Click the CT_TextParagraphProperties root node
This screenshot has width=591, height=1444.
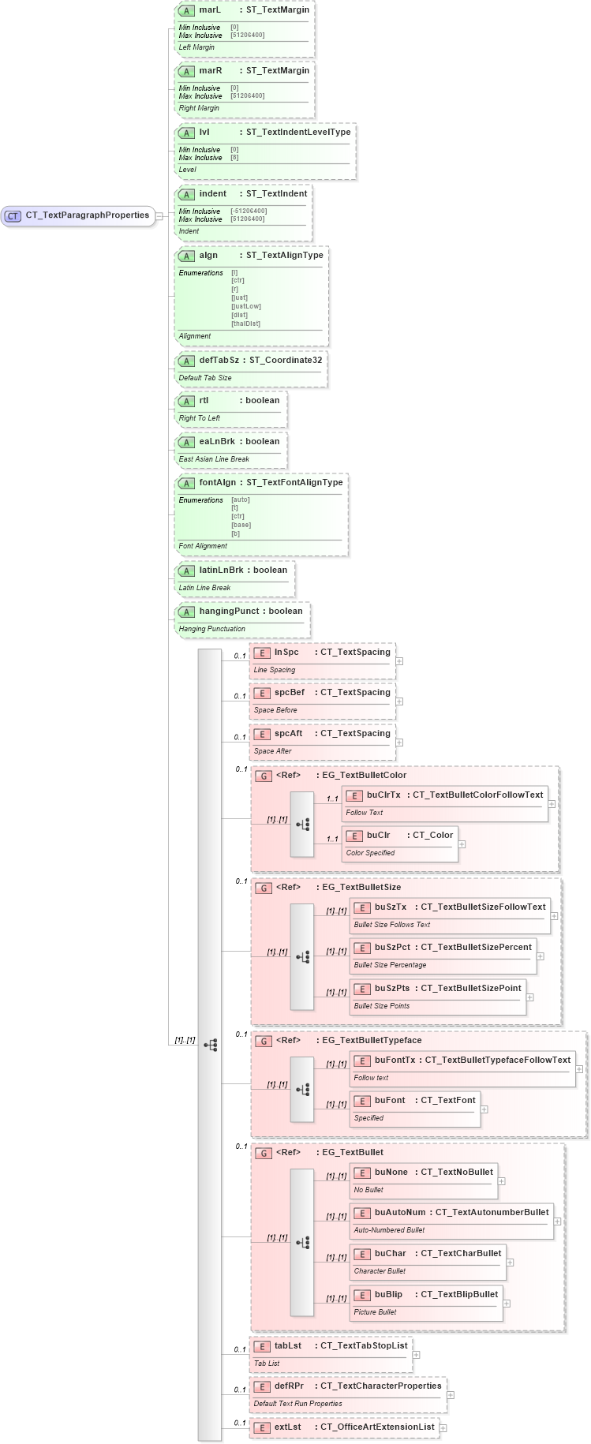pyautogui.click(x=87, y=215)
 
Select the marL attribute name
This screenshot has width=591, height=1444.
pyautogui.click(x=210, y=10)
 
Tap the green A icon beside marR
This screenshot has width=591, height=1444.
pyautogui.click(x=186, y=72)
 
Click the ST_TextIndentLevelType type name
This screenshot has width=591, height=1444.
pyautogui.click(x=298, y=133)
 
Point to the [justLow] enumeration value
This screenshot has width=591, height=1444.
pyautogui.click(x=246, y=306)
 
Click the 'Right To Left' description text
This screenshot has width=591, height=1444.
pyautogui.click(x=200, y=418)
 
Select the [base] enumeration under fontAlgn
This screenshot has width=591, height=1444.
pyautogui.click(x=241, y=525)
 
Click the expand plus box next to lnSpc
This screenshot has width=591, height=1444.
pyautogui.click(x=399, y=661)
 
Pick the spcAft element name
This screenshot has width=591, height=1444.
pyautogui.click(x=288, y=734)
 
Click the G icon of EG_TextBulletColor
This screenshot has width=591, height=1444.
pyautogui.click(x=264, y=776)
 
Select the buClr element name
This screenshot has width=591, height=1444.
pyautogui.click(x=378, y=835)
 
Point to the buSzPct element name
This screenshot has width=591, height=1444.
pyautogui.click(x=392, y=947)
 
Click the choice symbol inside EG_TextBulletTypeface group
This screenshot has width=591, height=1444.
pyautogui.click(x=302, y=1090)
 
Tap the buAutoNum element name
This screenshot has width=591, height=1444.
pyautogui.click(x=399, y=1213)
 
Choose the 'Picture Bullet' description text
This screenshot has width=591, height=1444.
pyautogui.click(x=375, y=1312)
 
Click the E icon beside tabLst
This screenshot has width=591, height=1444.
pyautogui.click(x=262, y=1347)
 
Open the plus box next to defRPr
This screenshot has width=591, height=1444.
pyautogui.click(x=451, y=1395)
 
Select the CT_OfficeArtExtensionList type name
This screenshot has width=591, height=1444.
pyautogui.click(x=377, y=1427)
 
